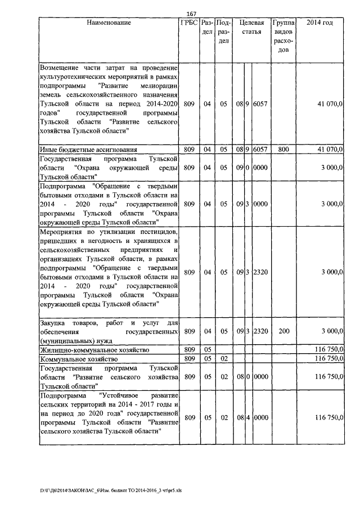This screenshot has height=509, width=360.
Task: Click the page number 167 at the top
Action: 190,14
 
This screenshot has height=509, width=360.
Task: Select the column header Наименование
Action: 109,23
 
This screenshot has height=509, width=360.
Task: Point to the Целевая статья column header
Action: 251,28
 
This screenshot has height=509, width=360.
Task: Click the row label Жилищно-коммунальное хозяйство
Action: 94,350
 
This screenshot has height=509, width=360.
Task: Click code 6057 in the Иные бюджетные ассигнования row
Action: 260,150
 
